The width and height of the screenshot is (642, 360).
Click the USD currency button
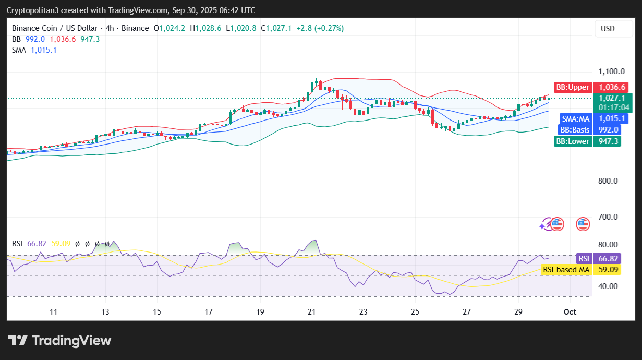point(608,29)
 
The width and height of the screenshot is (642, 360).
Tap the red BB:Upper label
point(573,87)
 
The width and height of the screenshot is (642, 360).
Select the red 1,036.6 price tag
point(612,87)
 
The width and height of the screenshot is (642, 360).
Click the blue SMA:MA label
point(575,118)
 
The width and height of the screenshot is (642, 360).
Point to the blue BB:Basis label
point(574,130)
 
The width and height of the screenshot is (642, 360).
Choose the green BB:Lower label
point(573,141)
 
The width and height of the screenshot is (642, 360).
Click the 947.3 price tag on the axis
point(608,141)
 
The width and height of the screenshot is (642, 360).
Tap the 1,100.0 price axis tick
point(607,71)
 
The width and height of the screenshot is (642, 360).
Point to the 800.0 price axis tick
point(608,181)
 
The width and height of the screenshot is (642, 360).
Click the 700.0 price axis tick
point(608,217)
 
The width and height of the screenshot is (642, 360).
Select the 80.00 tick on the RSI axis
point(608,244)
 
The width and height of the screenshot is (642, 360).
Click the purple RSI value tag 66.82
point(608,259)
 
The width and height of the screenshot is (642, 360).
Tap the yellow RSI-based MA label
point(565,270)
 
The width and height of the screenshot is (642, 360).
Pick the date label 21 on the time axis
point(311,312)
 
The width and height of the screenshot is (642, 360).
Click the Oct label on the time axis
point(570,312)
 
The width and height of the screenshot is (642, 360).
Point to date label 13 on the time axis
point(105,312)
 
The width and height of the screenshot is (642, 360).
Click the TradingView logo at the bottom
point(59,341)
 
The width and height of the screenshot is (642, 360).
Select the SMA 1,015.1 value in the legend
point(44,50)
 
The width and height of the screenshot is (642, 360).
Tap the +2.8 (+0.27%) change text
point(320,28)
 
